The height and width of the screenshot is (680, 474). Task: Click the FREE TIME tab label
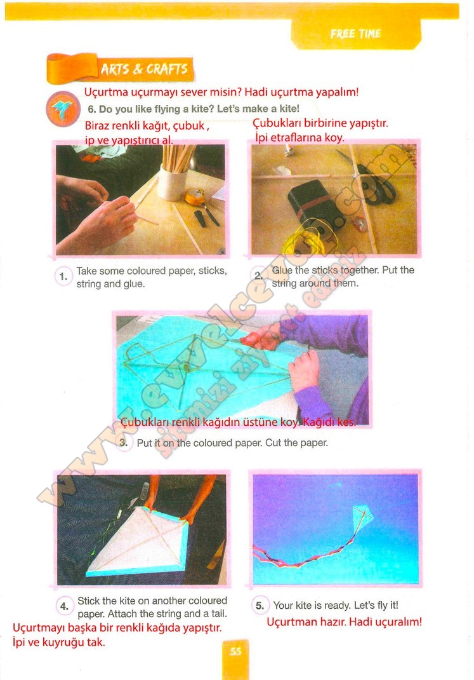(x=355, y=34)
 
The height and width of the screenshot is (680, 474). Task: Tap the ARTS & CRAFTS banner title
(x=144, y=69)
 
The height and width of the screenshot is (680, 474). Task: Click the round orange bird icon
(x=63, y=109)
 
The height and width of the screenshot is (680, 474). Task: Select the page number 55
(x=235, y=651)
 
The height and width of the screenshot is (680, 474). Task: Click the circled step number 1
(x=63, y=277)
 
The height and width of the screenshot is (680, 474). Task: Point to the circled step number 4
(x=65, y=606)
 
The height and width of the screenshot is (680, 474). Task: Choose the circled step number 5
(x=260, y=606)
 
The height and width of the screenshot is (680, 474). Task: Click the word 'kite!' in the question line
(x=288, y=109)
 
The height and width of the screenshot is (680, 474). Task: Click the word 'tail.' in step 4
(x=217, y=614)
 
